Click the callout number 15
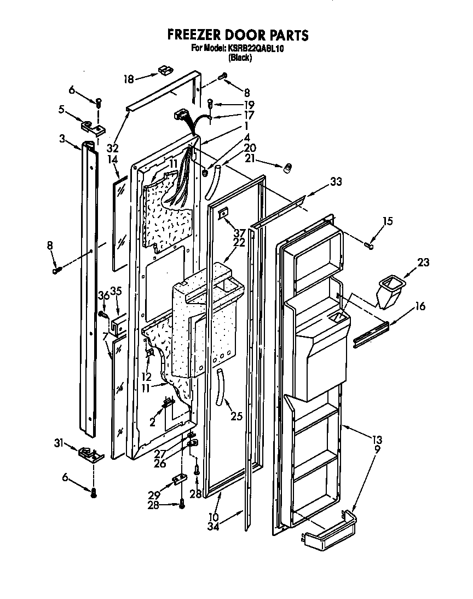click(388, 221)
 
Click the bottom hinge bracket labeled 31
click(89, 453)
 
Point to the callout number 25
click(236, 417)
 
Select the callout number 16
click(420, 307)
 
